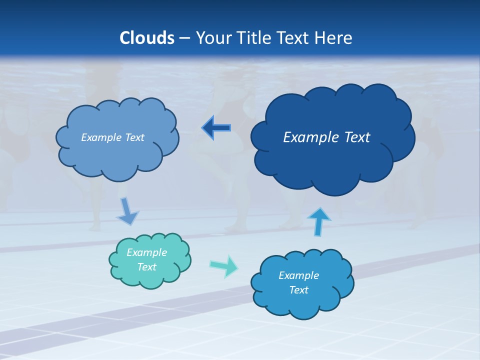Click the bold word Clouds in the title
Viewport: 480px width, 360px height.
(x=146, y=38)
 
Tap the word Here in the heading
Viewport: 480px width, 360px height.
(x=333, y=38)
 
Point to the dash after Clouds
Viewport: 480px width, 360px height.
(x=184, y=38)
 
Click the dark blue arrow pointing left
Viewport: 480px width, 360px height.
(x=216, y=128)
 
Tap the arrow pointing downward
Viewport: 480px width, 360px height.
(x=127, y=211)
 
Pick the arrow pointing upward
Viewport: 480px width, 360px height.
(x=319, y=221)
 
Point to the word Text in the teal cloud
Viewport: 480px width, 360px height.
(x=146, y=267)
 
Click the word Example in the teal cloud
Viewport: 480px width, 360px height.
(x=146, y=252)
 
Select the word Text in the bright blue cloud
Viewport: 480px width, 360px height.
(x=298, y=290)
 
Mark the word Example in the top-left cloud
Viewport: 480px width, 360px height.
(x=99, y=137)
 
